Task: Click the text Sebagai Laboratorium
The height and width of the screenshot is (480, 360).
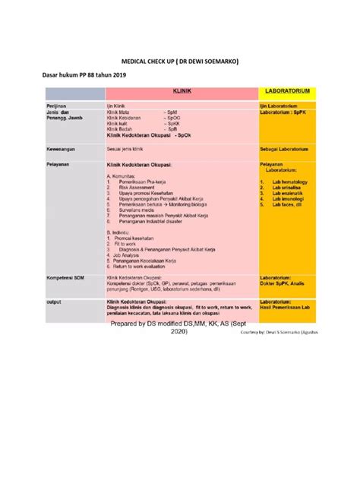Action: click(287, 149)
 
